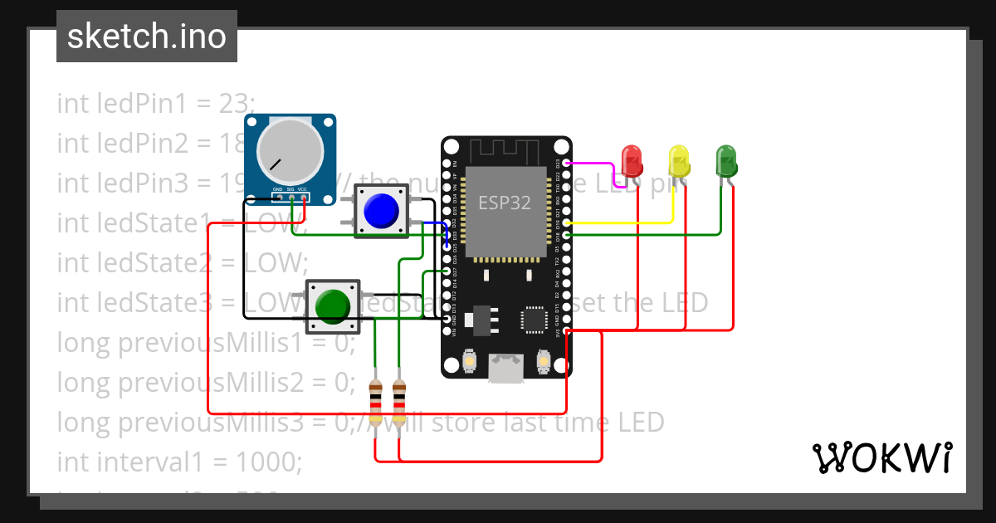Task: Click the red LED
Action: click(632, 160)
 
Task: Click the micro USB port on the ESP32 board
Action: click(505, 368)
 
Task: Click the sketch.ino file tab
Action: click(147, 37)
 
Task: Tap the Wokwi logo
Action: click(881, 457)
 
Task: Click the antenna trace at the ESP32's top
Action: click(505, 151)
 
